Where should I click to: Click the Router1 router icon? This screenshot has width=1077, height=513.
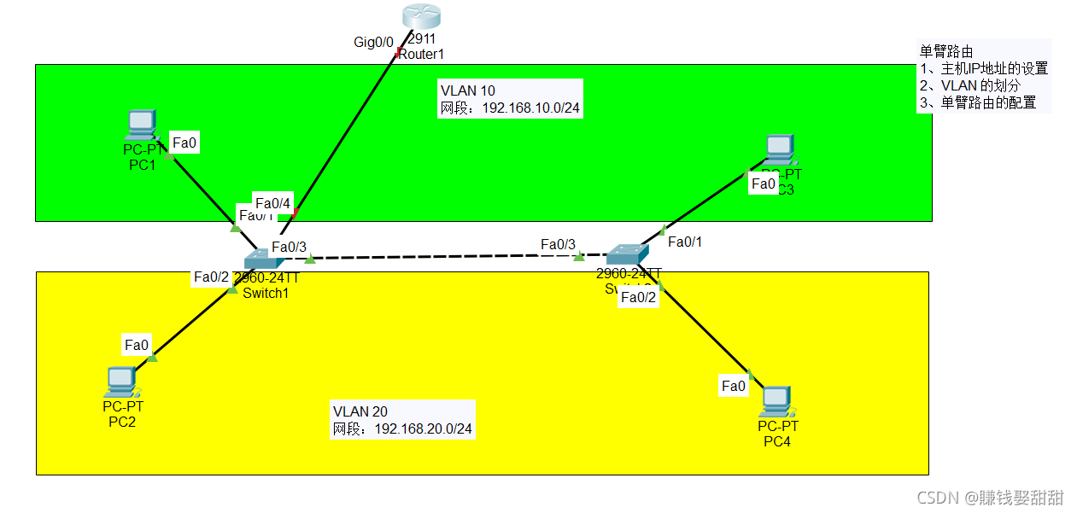(421, 15)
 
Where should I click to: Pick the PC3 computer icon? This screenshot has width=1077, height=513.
(778, 150)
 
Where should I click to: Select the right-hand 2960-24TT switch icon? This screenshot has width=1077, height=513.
(627, 254)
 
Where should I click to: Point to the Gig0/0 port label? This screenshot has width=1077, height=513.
(373, 41)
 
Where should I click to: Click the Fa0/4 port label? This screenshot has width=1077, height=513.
(273, 203)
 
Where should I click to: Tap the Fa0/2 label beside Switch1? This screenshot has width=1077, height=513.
(211, 277)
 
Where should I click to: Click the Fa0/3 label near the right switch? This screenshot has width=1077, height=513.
(558, 245)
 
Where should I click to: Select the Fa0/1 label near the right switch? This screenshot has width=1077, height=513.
(685, 242)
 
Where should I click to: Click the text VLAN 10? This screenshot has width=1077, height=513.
(467, 90)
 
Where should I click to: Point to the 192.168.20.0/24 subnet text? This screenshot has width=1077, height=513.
(424, 428)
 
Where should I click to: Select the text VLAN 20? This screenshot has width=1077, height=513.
(360, 411)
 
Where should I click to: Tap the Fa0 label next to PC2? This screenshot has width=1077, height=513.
(137, 345)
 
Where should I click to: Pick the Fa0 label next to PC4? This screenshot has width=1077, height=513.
(734, 386)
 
